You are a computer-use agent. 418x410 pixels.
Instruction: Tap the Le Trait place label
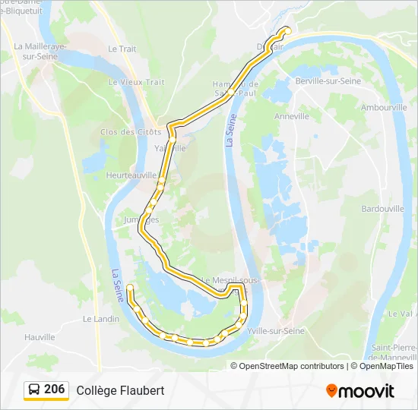(x=122, y=49)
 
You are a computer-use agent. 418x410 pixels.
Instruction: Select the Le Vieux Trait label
(x=136, y=82)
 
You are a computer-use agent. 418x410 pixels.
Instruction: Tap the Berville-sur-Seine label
(x=327, y=81)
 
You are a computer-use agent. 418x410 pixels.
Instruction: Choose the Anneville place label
(x=292, y=117)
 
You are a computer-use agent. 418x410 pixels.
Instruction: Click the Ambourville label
(x=384, y=108)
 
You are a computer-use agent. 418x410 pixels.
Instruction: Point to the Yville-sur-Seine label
(x=276, y=331)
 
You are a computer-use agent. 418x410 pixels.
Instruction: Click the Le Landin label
(x=101, y=319)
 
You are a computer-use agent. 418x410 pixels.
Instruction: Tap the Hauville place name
(x=40, y=337)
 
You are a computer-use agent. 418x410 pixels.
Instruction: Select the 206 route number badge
(x=54, y=389)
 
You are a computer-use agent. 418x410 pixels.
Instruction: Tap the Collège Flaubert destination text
(x=120, y=390)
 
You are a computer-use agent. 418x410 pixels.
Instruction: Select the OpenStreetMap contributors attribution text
(x=288, y=366)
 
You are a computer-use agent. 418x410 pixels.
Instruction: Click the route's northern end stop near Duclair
(x=287, y=30)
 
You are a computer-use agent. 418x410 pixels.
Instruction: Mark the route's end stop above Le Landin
(x=130, y=287)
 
